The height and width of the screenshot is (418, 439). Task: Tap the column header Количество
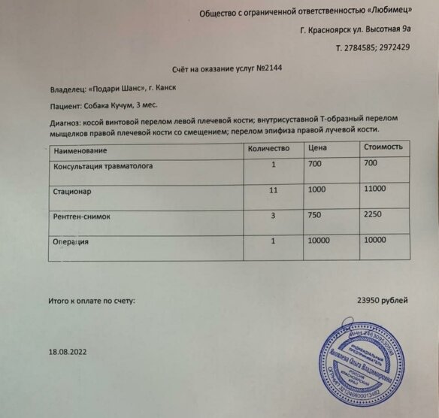pos(268,147)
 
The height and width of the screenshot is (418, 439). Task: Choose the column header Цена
pos(317,147)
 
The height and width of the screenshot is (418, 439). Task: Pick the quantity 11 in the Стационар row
pos(274,190)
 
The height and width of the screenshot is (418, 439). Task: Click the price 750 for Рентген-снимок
pos(316,215)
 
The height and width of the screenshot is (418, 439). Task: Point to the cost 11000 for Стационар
pos(374,189)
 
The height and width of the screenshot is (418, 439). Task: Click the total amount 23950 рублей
pos(383,300)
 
